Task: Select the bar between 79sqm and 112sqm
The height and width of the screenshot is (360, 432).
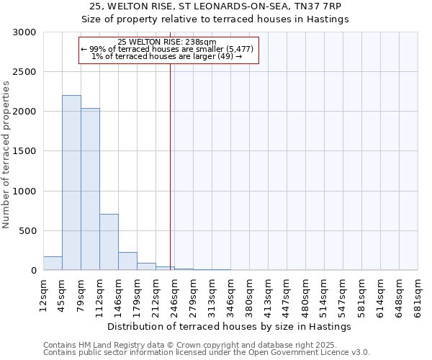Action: (x=90, y=189)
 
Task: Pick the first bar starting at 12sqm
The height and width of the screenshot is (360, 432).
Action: (x=53, y=264)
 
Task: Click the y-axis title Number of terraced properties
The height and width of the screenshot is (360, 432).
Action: (x=7, y=155)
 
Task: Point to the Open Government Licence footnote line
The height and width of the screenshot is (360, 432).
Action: (x=207, y=353)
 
